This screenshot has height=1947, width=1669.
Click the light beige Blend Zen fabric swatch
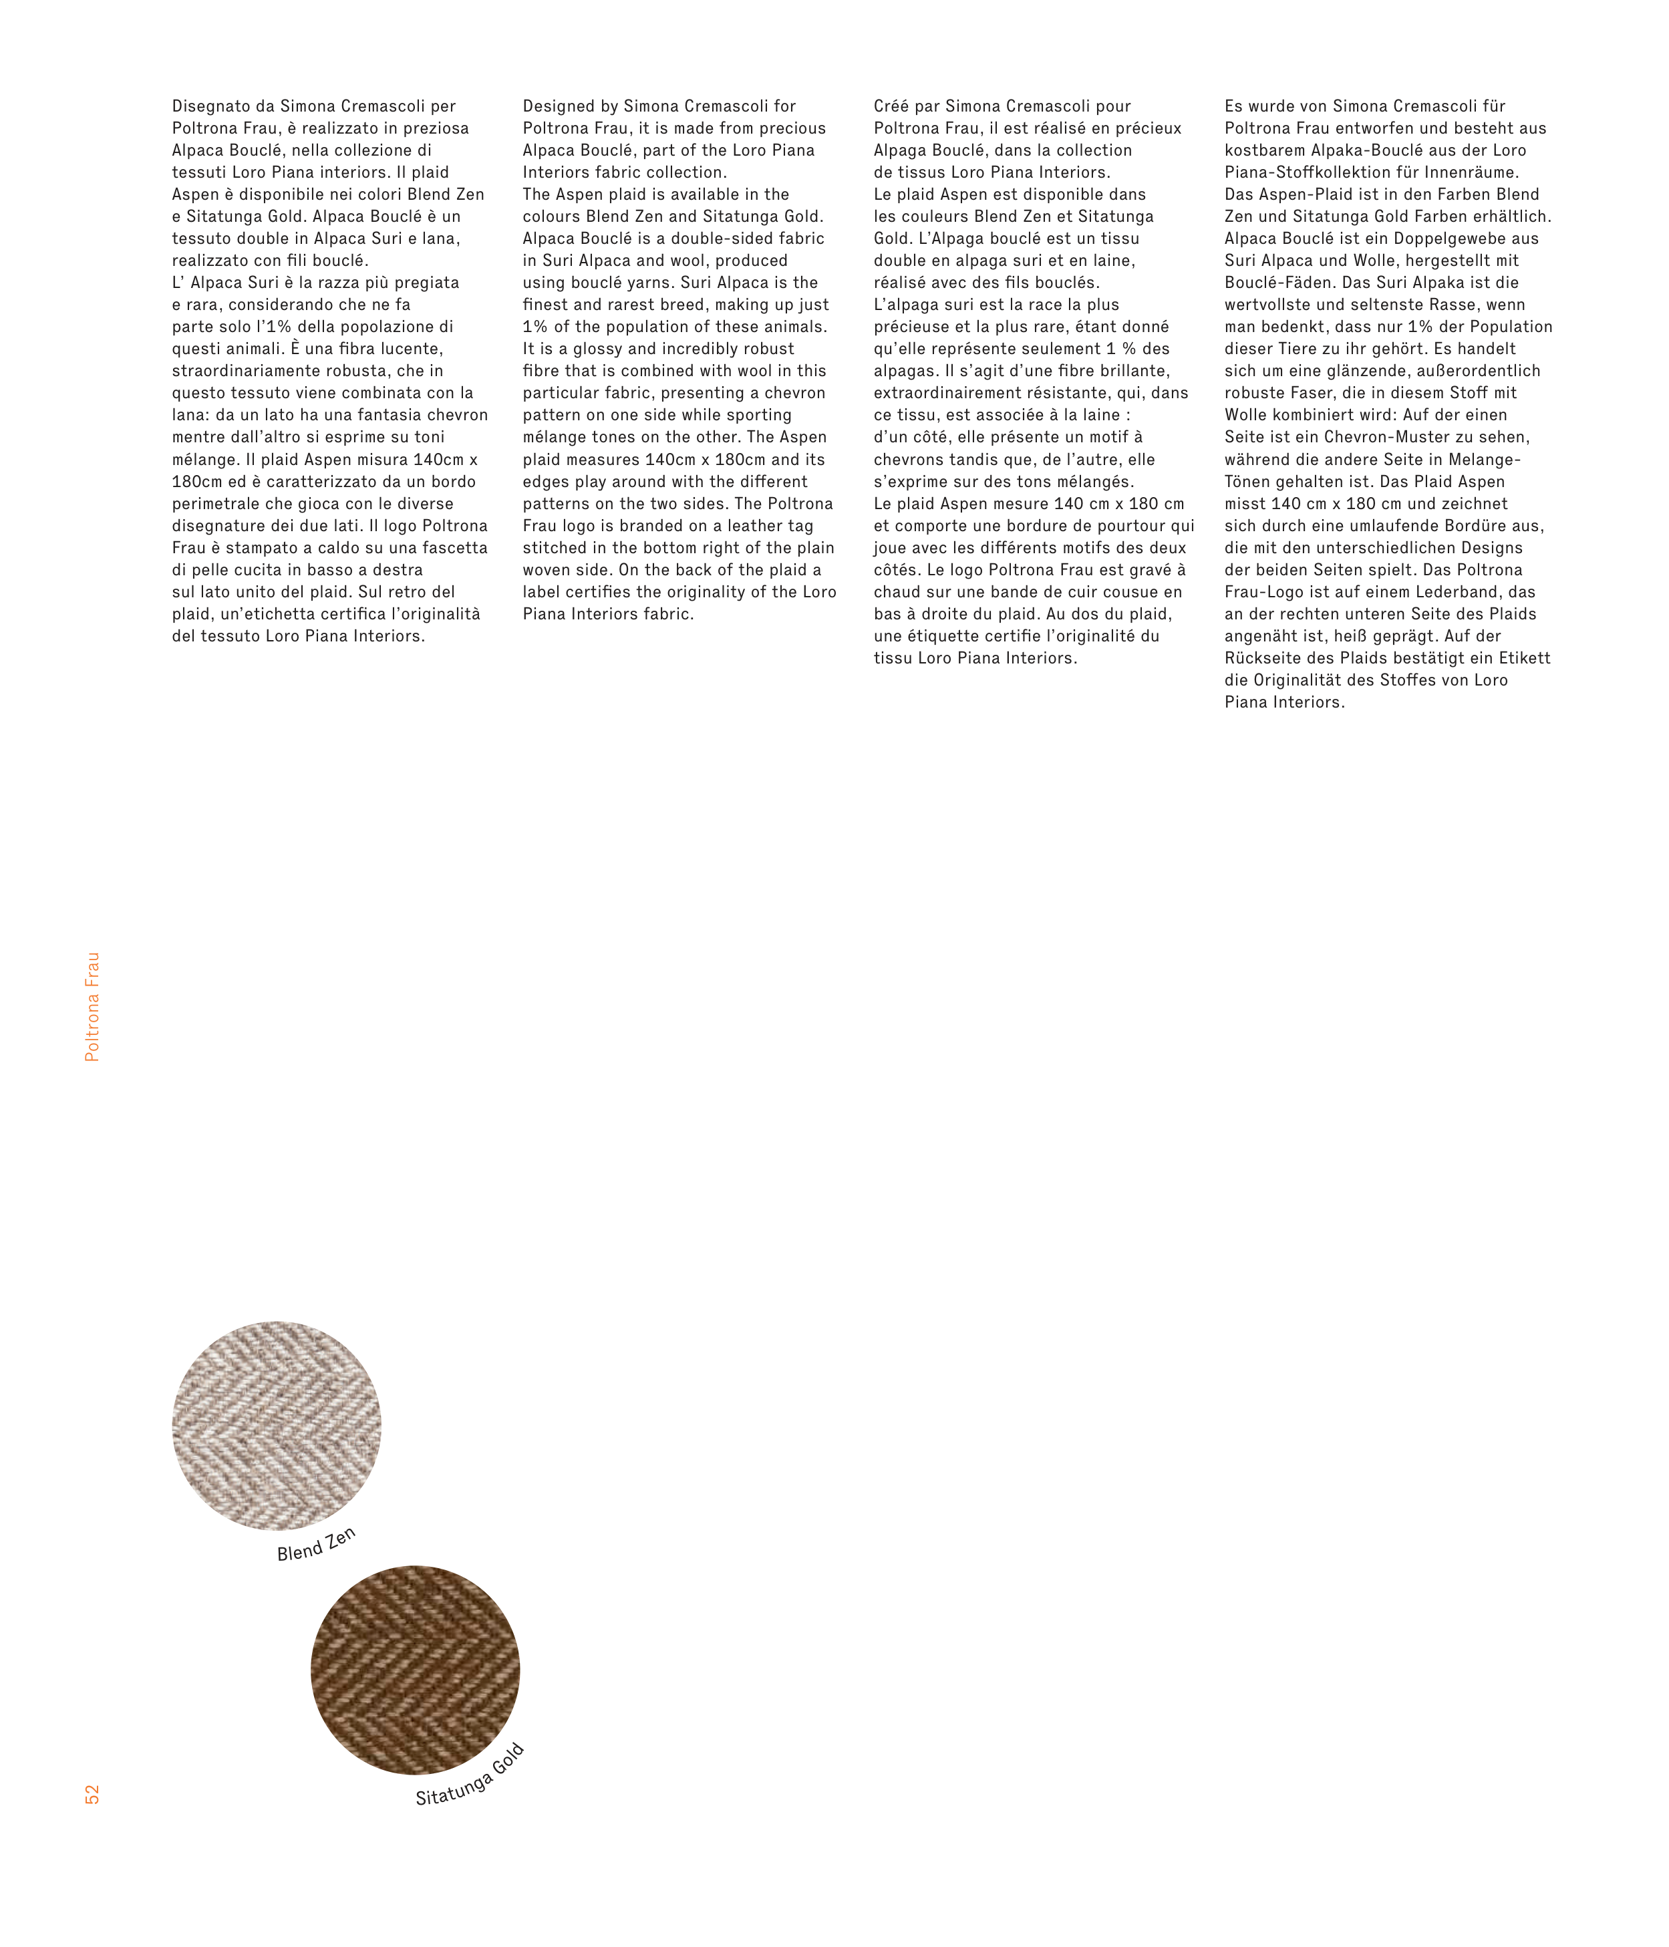[x=277, y=1425]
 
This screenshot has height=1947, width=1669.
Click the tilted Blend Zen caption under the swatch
[x=317, y=1545]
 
